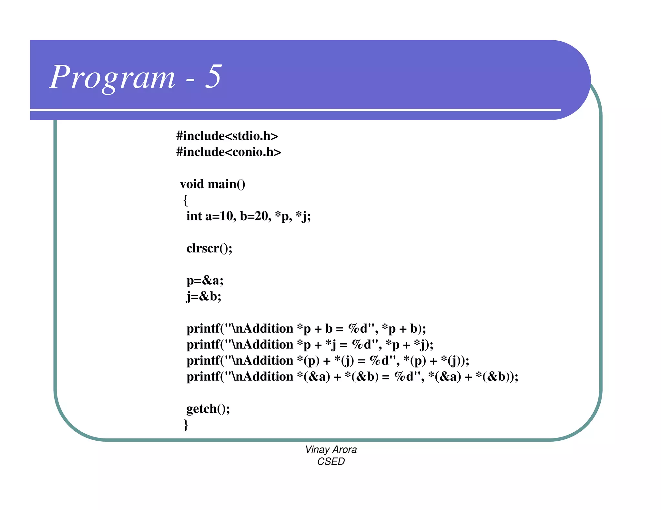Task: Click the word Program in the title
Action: click(x=113, y=77)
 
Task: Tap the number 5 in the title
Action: click(x=213, y=76)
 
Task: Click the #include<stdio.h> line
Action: click(x=227, y=136)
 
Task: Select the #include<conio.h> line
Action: click(x=229, y=152)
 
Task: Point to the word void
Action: click(x=192, y=184)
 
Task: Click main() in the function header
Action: click(x=226, y=184)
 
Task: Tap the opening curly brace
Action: click(x=185, y=200)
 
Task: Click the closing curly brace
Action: click(x=186, y=425)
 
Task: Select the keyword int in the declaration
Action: click(x=194, y=216)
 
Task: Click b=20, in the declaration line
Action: click(x=255, y=216)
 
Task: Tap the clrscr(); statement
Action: click(x=209, y=248)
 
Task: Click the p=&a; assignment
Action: click(x=205, y=280)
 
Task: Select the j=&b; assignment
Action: click(x=204, y=297)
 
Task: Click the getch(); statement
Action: click(x=208, y=409)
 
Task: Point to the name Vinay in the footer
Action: click(x=317, y=450)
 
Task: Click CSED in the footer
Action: click(x=331, y=462)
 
